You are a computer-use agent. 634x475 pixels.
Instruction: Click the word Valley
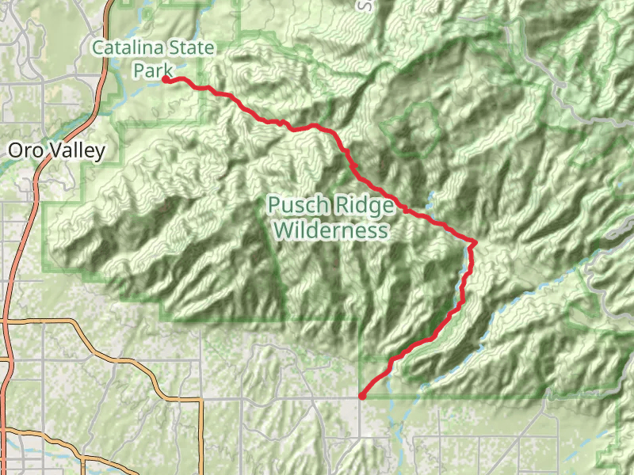[77, 151]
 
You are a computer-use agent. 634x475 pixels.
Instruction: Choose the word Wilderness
[330, 230]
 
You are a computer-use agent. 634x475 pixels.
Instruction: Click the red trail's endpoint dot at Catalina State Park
[166, 79]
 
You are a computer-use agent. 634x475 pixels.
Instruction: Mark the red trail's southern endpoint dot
[361, 396]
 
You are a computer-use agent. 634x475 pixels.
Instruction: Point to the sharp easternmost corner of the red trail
[474, 241]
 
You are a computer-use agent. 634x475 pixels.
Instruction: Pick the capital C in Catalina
[98, 48]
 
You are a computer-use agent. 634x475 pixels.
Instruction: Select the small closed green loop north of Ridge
[412, 127]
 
